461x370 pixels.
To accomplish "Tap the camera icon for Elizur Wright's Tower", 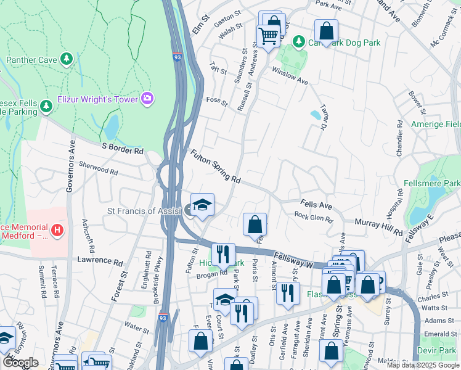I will pyautogui.click(x=147, y=98).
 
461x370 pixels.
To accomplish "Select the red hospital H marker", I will pyautogui.click(x=57, y=231).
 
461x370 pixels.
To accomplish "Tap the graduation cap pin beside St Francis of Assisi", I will pyautogui.click(x=202, y=205).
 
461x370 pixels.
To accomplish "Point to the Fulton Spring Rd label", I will pyautogui.click(x=215, y=166).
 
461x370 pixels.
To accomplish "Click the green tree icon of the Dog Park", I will pyautogui.click(x=299, y=41).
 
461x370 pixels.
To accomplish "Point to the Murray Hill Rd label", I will pyautogui.click(x=378, y=226).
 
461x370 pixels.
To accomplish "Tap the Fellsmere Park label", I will pyautogui.click(x=432, y=184).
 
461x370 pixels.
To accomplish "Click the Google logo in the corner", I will pyautogui.click(x=20, y=363).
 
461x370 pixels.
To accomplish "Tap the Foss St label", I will pyautogui.click(x=216, y=100).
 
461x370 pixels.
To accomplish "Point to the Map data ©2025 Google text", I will pyautogui.click(x=422, y=365).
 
